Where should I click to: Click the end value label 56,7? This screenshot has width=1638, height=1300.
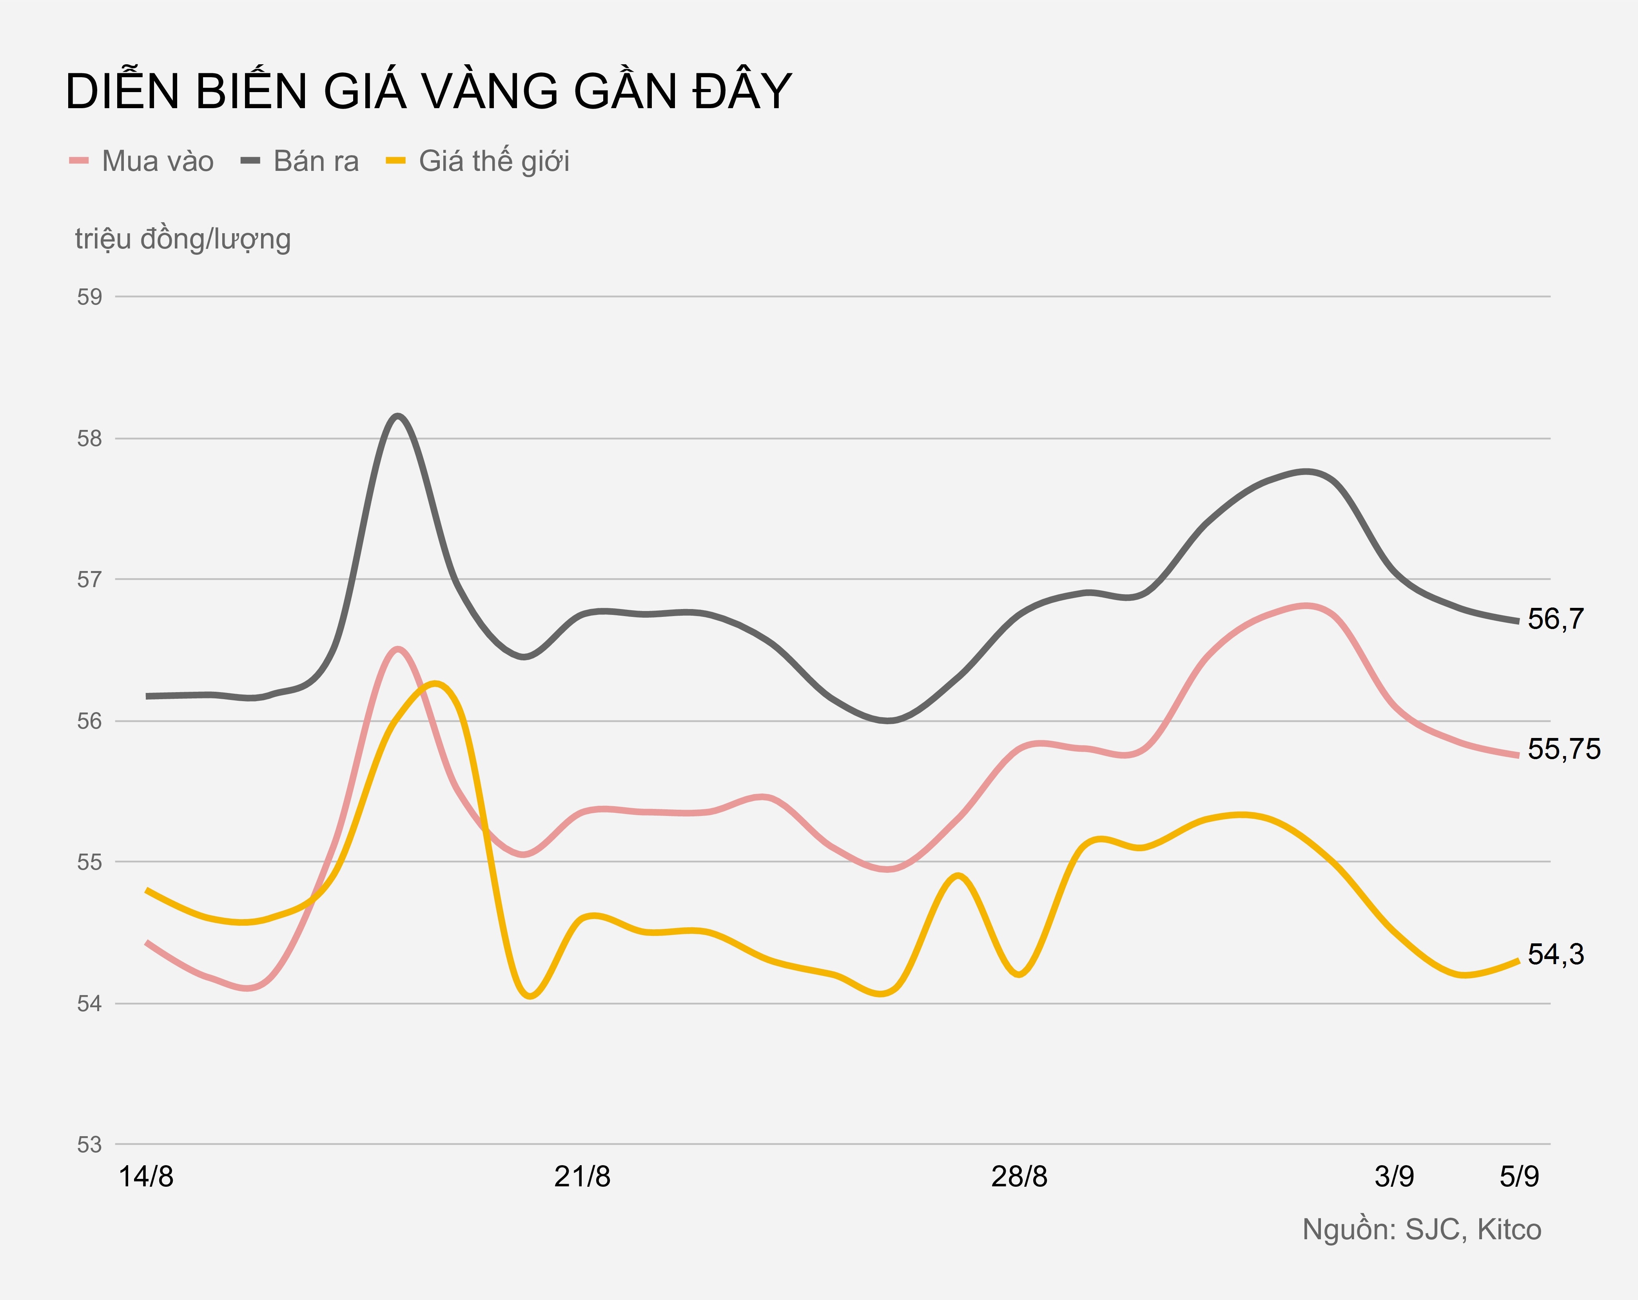1555,619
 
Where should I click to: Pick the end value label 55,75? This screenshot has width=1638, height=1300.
1564,749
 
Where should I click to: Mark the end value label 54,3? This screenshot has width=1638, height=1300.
1555,954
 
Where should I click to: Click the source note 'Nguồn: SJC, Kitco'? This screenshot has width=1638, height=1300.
1422,1229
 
